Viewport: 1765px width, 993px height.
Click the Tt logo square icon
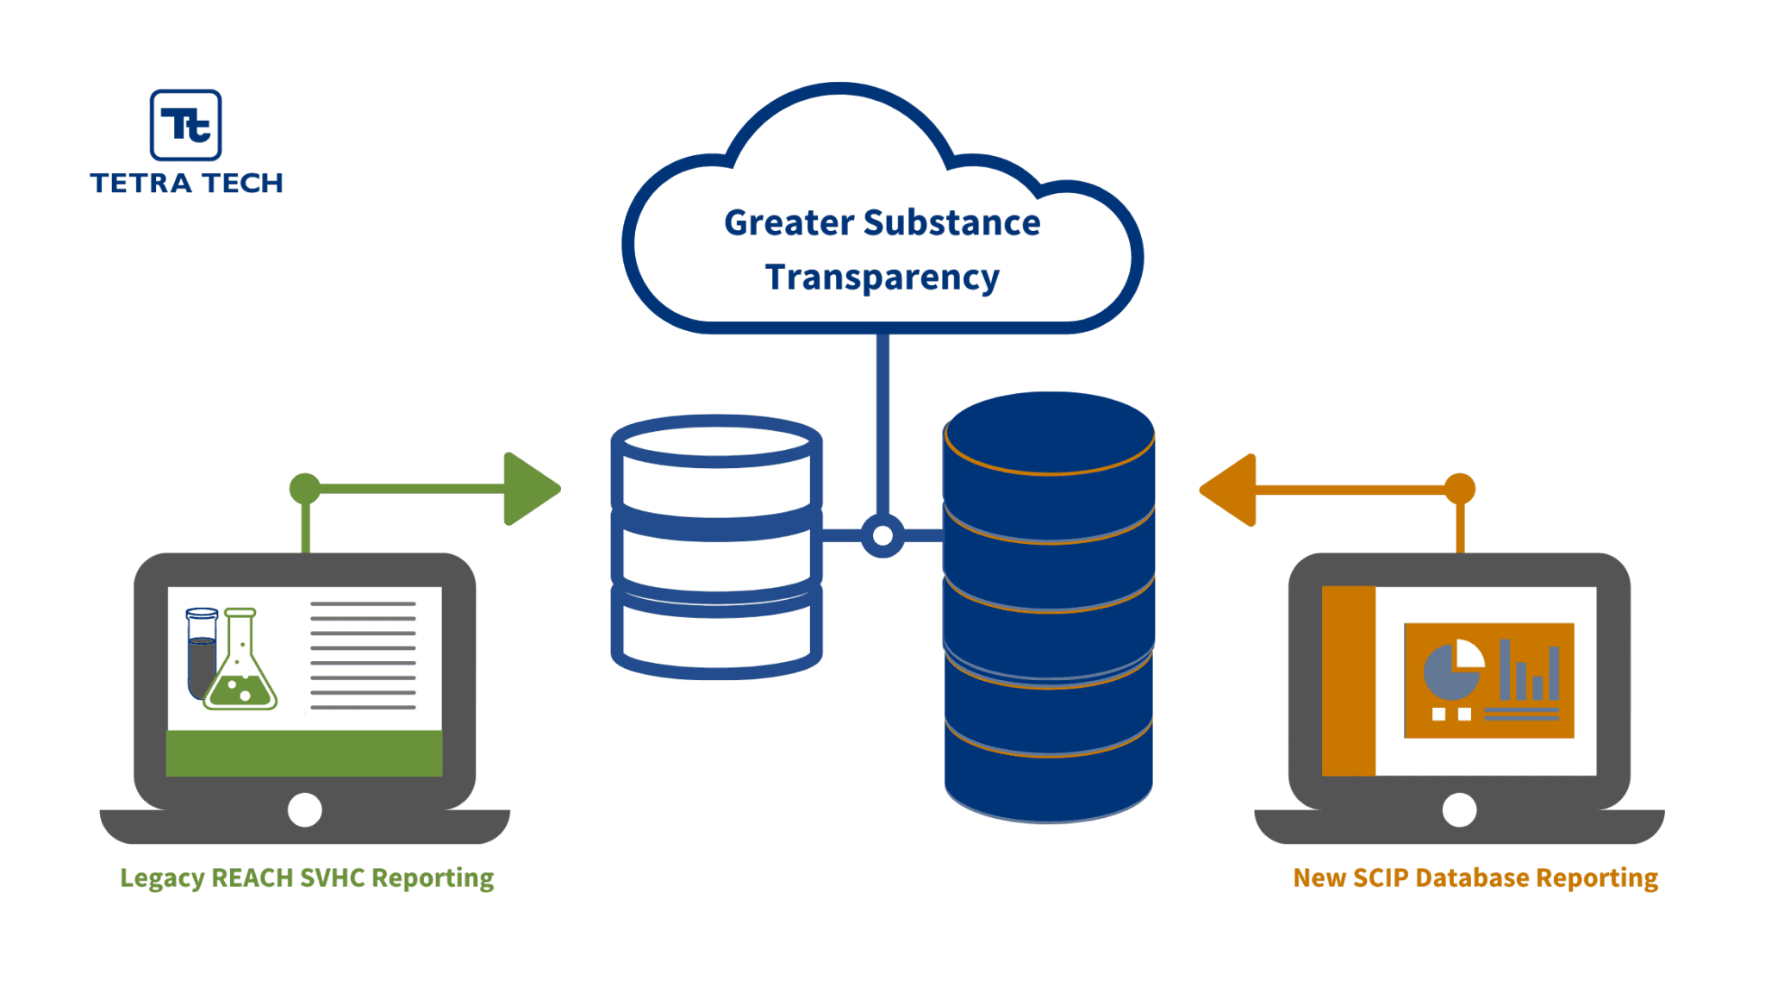[185, 125]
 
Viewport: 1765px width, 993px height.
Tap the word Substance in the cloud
[951, 222]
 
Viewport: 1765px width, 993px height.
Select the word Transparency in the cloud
[882, 278]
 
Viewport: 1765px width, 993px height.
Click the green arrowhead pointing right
[528, 489]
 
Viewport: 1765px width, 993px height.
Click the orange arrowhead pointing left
[1231, 490]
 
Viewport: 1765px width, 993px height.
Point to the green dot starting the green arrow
[305, 489]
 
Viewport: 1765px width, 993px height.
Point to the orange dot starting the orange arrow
[1459, 489]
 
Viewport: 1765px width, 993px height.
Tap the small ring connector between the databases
[882, 536]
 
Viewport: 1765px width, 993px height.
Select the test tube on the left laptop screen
[202, 653]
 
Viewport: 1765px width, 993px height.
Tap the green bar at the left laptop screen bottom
[304, 753]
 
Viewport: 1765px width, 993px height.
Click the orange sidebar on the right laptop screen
[1348, 681]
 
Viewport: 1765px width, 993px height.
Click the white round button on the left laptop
[304, 810]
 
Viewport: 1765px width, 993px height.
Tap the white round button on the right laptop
[1459, 810]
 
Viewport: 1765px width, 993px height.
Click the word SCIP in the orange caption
[1380, 877]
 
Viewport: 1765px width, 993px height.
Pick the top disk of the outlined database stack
[716, 441]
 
